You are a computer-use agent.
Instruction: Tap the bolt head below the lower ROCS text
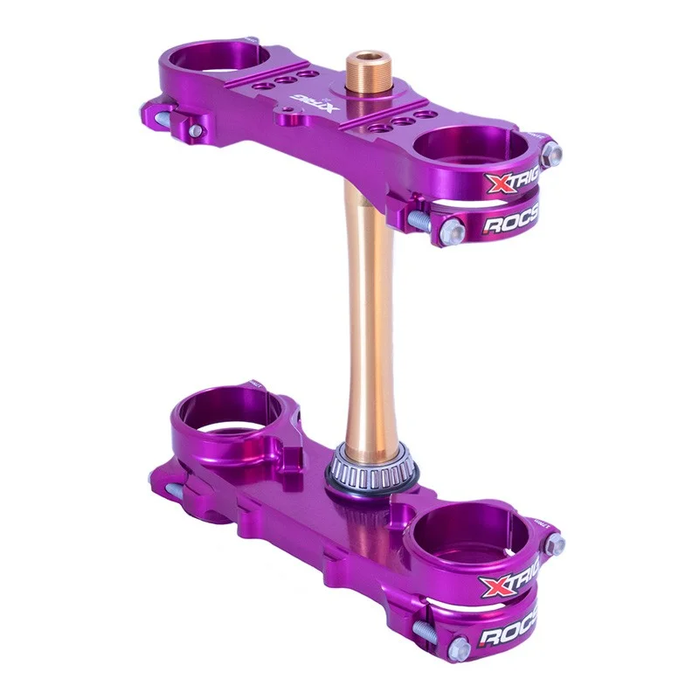459,649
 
